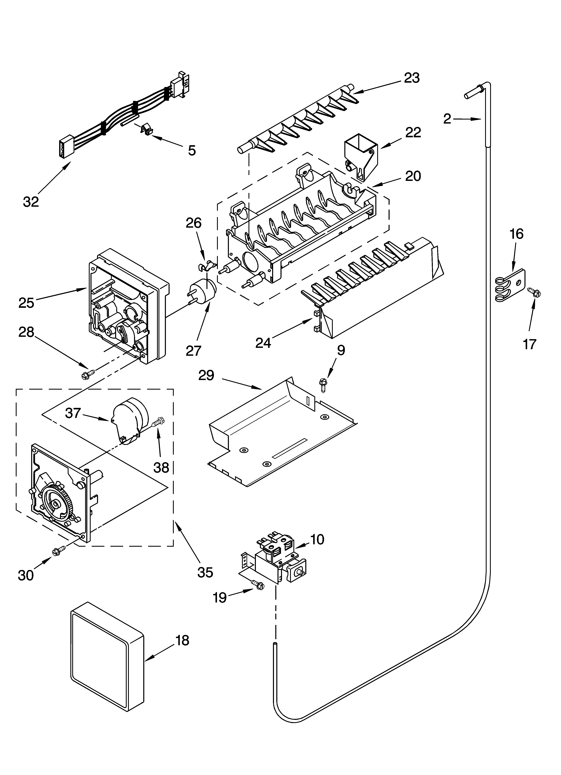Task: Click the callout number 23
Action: pyautogui.click(x=412, y=78)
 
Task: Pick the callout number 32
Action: pyautogui.click(x=31, y=202)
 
